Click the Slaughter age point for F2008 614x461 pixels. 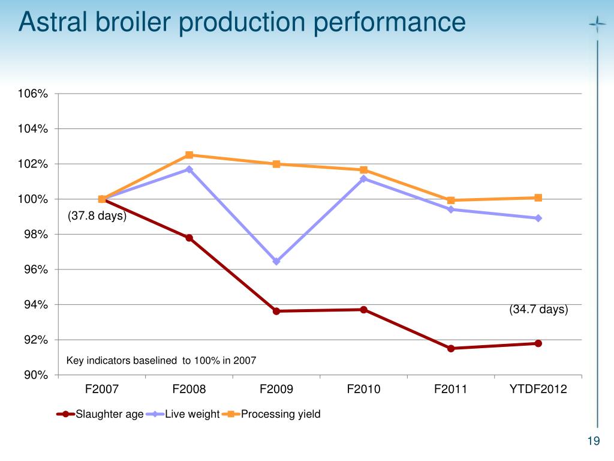pyautogui.click(x=189, y=238)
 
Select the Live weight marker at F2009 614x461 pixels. pyautogui.click(x=276, y=261)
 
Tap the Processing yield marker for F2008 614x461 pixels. pyautogui.click(x=189, y=155)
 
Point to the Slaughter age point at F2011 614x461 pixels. pyautogui.click(x=451, y=348)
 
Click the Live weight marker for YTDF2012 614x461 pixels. pyautogui.click(x=538, y=218)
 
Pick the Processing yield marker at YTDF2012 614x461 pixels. pyautogui.click(x=538, y=197)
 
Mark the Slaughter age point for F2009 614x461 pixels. pyautogui.click(x=276, y=311)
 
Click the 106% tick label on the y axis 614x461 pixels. pyautogui.click(x=33, y=94)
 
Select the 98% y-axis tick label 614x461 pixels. pyautogui.click(x=35, y=234)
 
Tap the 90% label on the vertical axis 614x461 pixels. pyautogui.click(x=35, y=375)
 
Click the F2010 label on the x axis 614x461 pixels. pyautogui.click(x=363, y=389)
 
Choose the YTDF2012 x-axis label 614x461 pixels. pyautogui.click(x=538, y=389)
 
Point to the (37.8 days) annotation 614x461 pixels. pyautogui.click(x=97, y=216)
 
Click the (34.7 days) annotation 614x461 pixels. pyautogui.click(x=538, y=310)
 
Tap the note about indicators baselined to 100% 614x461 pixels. pyautogui.click(x=161, y=361)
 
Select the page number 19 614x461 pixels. pyautogui.click(x=594, y=442)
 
